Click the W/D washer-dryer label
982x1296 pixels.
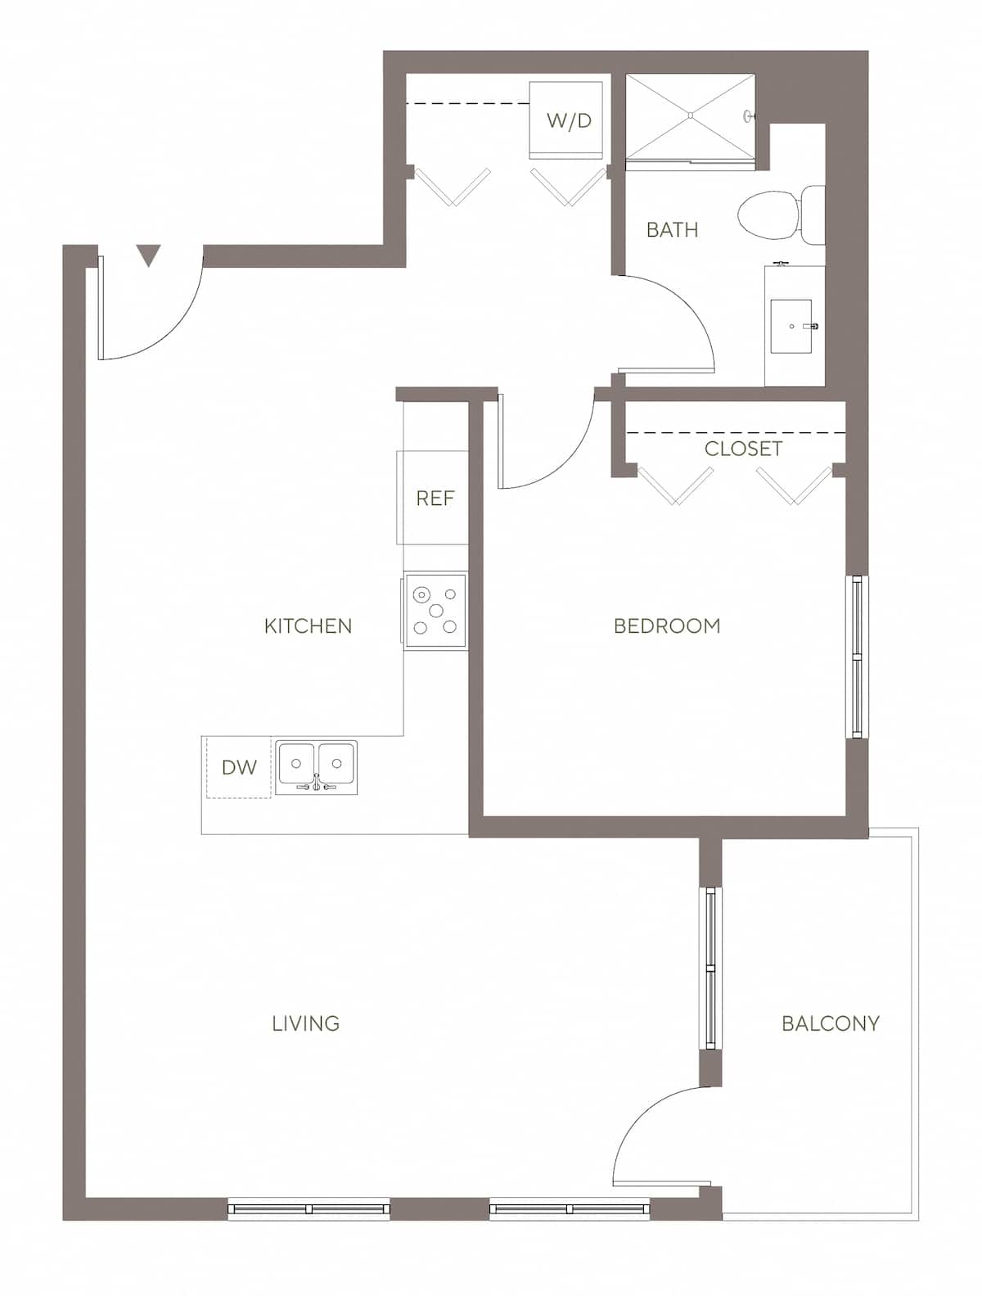click(x=569, y=121)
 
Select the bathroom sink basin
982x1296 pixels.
click(x=791, y=326)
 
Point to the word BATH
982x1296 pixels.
click(x=672, y=230)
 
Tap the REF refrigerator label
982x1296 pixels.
click(x=435, y=499)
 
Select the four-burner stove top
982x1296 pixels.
click(x=435, y=611)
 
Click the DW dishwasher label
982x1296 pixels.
click(x=239, y=768)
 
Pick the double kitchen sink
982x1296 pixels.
click(x=316, y=766)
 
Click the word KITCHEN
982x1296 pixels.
click(x=308, y=626)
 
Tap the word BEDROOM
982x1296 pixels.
click(x=667, y=626)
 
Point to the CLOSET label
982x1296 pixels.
click(x=743, y=449)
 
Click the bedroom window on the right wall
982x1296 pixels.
click(x=856, y=657)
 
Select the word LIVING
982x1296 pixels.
click(x=305, y=1023)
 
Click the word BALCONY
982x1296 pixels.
click(x=830, y=1023)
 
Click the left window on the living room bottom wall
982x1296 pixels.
click(x=309, y=1208)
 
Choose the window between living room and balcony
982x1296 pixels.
click(x=710, y=969)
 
